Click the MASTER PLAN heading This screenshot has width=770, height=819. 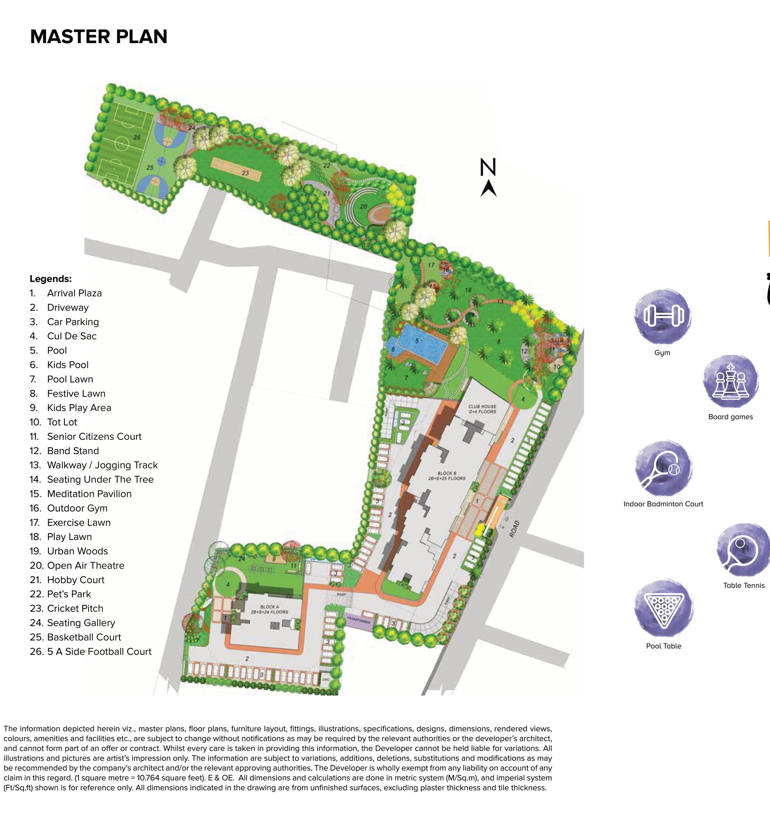[x=98, y=36]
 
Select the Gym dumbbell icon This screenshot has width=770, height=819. [x=663, y=316]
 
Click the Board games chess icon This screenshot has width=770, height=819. [x=731, y=382]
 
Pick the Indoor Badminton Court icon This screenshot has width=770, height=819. [x=663, y=468]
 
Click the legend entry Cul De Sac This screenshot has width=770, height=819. [x=72, y=336]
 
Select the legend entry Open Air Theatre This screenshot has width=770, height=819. [x=86, y=566]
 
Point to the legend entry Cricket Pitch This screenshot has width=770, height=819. [x=75, y=609]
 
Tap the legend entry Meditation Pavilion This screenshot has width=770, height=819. [x=89, y=494]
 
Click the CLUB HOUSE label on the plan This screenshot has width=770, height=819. [x=482, y=409]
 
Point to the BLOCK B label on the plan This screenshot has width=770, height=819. [x=447, y=476]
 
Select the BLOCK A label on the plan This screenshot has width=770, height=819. [x=269, y=609]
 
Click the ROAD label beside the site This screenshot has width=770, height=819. [x=514, y=529]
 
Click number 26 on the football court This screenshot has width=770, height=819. [x=137, y=137]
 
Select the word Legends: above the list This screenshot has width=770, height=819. [x=50, y=279]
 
